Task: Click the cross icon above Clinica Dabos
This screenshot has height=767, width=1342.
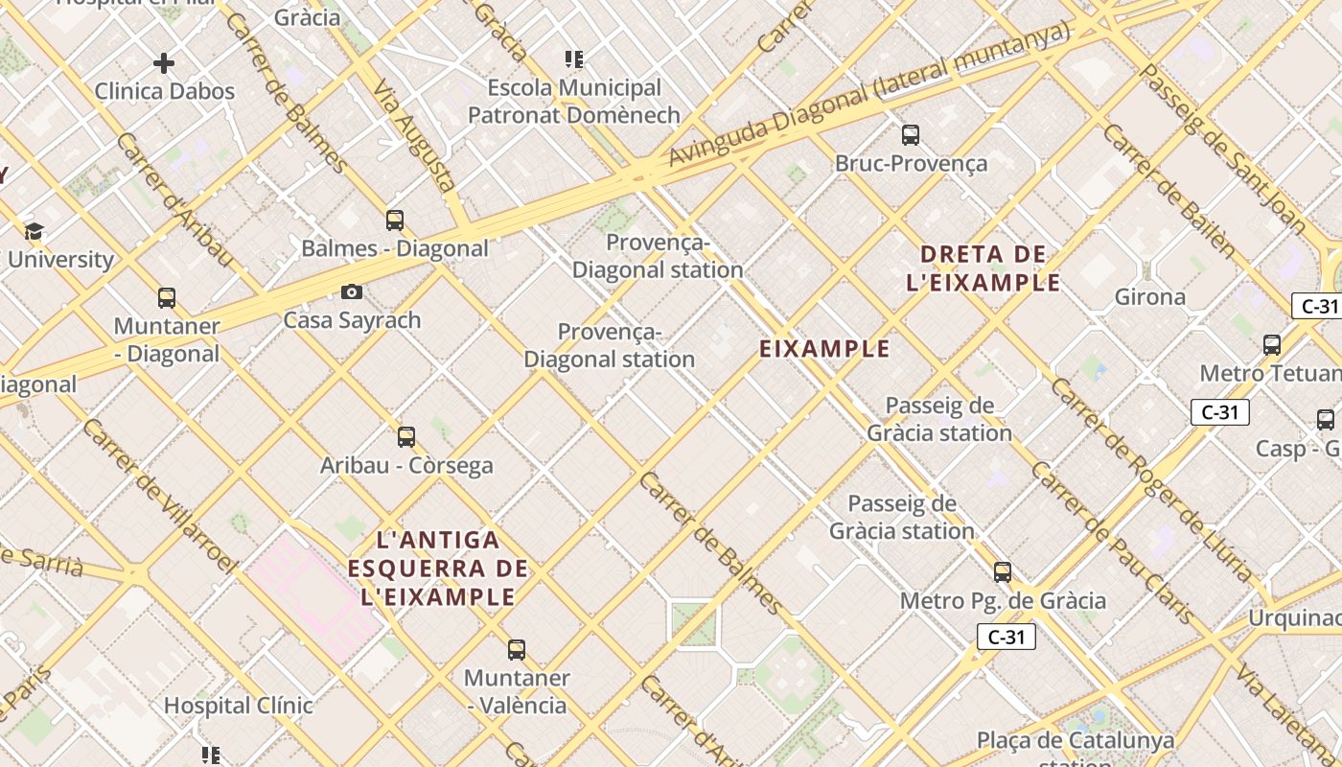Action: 164,64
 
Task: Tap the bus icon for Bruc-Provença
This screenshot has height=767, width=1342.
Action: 911,135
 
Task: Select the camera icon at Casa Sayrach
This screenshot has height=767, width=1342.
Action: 352,291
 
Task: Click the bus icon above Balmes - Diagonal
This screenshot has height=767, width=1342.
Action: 395,221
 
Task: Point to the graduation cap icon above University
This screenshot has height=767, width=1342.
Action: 34,231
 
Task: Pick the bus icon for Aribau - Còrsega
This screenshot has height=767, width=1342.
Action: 406,437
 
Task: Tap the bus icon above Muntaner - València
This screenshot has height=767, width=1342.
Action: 517,650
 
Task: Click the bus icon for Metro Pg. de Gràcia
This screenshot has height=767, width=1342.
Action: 1003,572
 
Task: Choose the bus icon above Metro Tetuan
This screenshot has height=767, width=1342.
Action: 1272,345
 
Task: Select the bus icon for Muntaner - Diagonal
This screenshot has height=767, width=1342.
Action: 167,298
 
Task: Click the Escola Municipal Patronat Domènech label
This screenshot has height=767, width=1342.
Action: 573,102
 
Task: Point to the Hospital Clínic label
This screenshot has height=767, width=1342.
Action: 238,706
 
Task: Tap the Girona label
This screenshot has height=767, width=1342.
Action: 1149,297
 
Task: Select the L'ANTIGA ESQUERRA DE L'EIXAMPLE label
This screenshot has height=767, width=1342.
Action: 438,569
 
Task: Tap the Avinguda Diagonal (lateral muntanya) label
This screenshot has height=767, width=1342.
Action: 868,93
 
